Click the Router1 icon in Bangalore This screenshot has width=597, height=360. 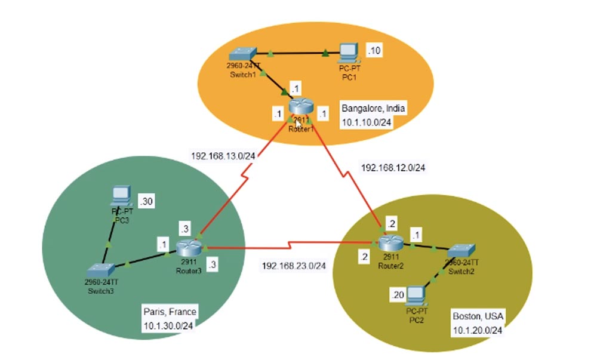click(301, 107)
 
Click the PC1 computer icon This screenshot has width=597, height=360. click(348, 53)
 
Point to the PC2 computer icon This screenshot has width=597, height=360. click(417, 295)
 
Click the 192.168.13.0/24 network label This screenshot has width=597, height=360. click(223, 156)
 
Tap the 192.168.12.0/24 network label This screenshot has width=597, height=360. click(393, 168)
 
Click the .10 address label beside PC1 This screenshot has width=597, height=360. click(374, 51)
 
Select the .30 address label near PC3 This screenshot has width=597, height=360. click(146, 202)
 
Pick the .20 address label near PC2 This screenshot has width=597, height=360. click(398, 295)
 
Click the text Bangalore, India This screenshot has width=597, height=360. click(373, 109)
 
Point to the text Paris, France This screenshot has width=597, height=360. click(170, 312)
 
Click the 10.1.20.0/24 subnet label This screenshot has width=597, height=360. click(477, 330)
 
